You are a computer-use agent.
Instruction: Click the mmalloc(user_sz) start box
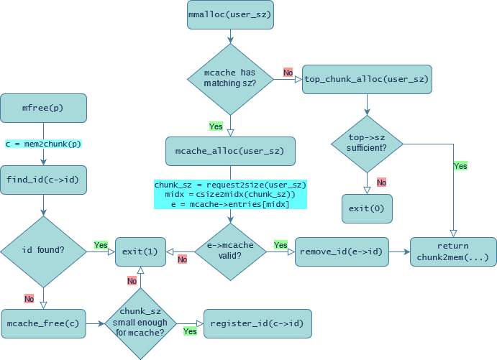tap(230, 14)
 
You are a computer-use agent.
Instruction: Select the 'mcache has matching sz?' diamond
tap(230, 79)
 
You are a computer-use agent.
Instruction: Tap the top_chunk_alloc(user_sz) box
tap(367, 79)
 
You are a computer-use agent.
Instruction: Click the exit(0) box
tap(367, 208)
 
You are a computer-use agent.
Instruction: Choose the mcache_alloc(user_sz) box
tap(230, 151)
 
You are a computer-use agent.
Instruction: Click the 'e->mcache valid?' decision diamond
tap(230, 251)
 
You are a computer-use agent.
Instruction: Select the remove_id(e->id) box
tap(342, 251)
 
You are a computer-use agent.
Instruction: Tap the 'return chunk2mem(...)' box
tap(453, 251)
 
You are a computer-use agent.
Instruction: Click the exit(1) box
tap(140, 251)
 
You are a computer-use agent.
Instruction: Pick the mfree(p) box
tap(44, 109)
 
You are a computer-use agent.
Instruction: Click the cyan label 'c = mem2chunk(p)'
tap(44, 144)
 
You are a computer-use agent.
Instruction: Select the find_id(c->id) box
tap(44, 180)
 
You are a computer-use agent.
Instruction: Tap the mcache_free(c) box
tap(44, 323)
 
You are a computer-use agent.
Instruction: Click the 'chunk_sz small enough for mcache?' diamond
tap(141, 323)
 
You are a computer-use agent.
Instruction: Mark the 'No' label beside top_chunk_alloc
tap(288, 73)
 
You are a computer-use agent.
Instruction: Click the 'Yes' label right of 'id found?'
tap(101, 245)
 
